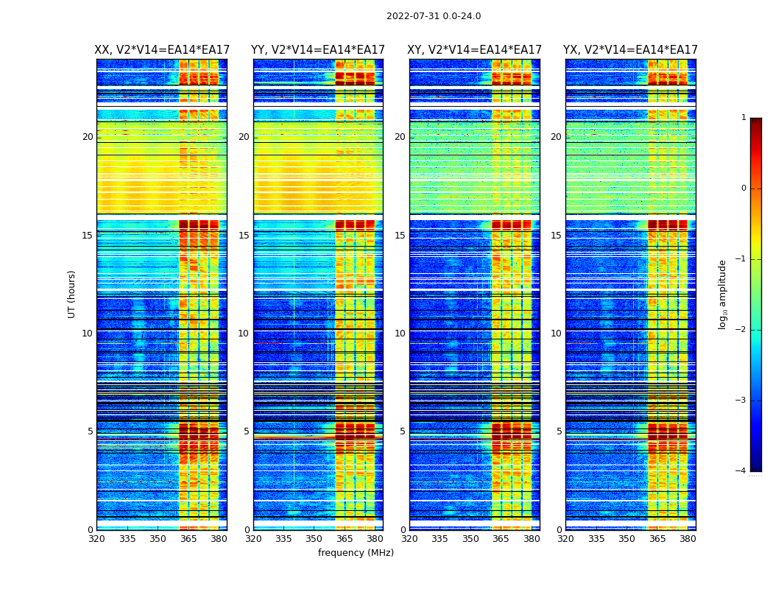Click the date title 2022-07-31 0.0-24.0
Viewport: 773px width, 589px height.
[434, 16]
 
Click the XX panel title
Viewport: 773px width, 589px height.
[162, 50]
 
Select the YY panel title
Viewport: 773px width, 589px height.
[318, 50]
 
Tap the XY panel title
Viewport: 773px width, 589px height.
[475, 50]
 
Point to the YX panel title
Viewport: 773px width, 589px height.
[630, 50]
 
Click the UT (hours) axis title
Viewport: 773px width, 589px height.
[71, 294]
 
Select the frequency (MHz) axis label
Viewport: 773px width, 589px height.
[356, 553]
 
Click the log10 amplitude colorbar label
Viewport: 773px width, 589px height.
[722, 294]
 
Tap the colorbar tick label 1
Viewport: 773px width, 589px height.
[743, 118]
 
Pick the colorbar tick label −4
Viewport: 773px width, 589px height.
[741, 471]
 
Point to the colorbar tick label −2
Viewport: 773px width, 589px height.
[741, 330]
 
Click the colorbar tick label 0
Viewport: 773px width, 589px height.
[743, 188]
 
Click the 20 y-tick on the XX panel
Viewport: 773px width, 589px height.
[88, 137]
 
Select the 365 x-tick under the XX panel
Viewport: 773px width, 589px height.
[188, 539]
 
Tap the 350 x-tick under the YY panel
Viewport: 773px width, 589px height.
[314, 539]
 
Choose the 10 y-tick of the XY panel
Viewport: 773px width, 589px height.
[400, 334]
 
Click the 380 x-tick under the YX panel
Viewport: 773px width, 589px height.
[688, 539]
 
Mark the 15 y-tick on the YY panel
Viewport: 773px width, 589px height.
[244, 236]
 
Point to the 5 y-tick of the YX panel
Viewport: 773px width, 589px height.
[559, 431]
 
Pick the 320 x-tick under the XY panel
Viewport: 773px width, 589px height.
[409, 539]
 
